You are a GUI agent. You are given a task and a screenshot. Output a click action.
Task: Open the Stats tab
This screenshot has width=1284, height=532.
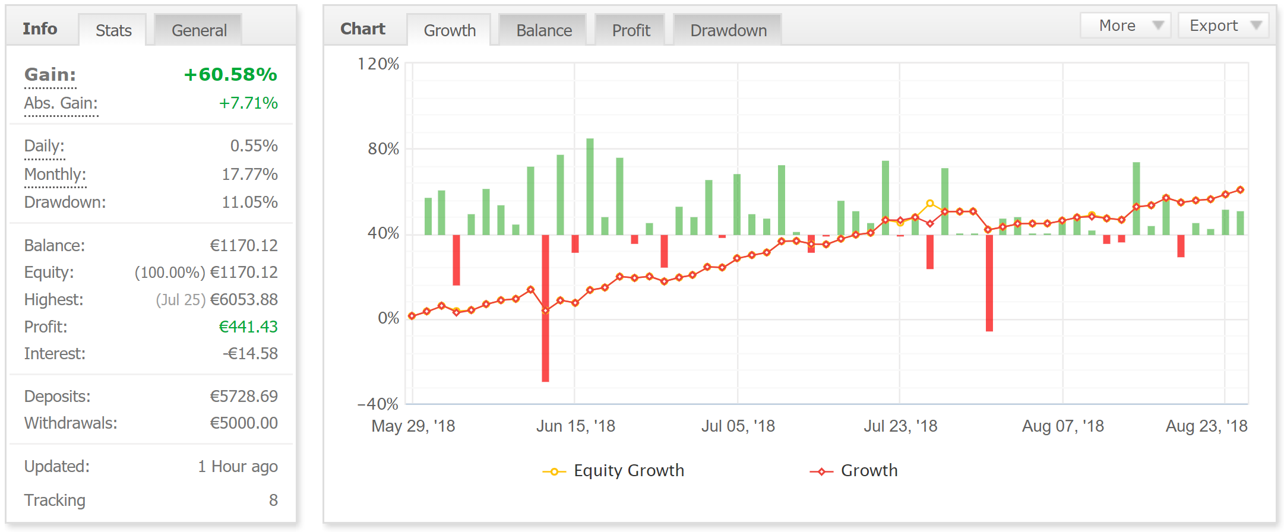click(x=113, y=30)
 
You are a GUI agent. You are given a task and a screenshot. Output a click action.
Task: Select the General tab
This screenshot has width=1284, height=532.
click(x=199, y=30)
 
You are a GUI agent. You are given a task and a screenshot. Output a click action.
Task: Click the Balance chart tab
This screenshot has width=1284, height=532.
click(x=543, y=30)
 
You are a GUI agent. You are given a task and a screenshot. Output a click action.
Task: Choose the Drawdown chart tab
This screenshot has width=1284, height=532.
click(x=728, y=30)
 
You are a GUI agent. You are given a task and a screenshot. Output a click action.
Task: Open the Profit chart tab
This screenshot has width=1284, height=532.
click(x=631, y=30)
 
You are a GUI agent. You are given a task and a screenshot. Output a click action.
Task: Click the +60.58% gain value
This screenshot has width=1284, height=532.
click(x=230, y=75)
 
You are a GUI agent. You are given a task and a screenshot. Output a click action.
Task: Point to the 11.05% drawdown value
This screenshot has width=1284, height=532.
click(x=249, y=202)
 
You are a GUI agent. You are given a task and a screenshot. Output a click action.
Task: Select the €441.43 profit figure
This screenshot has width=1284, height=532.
click(x=248, y=327)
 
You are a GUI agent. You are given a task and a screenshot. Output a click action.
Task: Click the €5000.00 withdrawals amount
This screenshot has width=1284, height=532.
click(x=243, y=423)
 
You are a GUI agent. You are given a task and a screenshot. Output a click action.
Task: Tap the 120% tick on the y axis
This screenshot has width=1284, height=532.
click(x=378, y=64)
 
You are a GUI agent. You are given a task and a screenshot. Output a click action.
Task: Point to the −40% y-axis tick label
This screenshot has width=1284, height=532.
click(x=378, y=404)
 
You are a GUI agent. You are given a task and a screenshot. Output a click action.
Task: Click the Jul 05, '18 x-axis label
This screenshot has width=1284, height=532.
click(x=738, y=426)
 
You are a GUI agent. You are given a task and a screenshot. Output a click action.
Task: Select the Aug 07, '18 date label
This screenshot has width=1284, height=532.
click(x=1062, y=426)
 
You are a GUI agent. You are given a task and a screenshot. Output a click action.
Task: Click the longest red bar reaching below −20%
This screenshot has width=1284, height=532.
click(x=545, y=309)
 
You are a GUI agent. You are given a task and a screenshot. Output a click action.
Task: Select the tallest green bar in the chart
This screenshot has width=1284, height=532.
click(x=590, y=186)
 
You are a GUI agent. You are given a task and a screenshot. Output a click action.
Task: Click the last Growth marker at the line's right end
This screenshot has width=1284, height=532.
click(x=1240, y=190)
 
